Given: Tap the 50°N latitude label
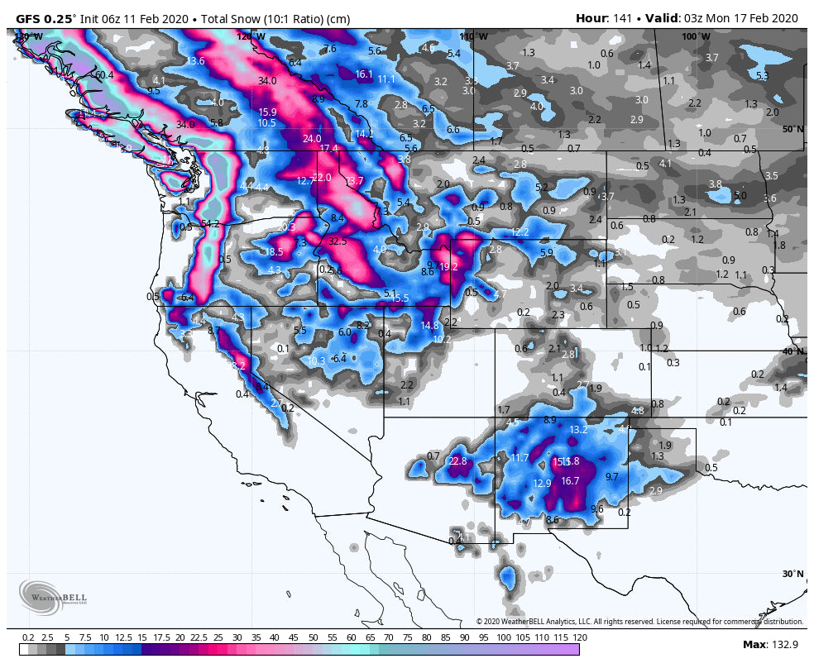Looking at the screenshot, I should [792, 129].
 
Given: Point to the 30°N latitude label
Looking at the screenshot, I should [792, 574].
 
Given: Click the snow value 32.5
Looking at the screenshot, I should [338, 241].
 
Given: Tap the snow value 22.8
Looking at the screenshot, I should [457, 461].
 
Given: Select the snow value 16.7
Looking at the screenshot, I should [570, 480].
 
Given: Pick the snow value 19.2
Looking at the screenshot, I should [448, 267].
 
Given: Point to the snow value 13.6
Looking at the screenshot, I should [195, 61].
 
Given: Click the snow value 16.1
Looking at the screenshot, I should [364, 74].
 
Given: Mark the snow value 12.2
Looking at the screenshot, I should [520, 232].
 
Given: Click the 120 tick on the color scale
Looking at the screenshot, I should [579, 637].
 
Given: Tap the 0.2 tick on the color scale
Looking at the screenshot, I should [28, 637].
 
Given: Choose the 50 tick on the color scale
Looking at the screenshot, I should [313, 637].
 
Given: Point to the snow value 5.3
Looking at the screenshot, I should [762, 76].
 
